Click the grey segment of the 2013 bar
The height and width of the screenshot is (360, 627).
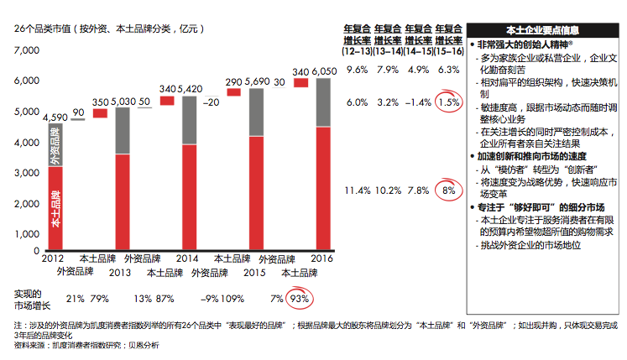122,131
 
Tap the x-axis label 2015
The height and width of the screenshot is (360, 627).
256,272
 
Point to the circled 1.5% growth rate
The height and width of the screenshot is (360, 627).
449,102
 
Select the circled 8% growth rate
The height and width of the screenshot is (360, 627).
449,190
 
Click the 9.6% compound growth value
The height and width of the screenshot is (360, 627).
358,70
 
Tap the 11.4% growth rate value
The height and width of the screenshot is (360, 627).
358,190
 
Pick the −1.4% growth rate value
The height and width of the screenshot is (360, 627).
418,102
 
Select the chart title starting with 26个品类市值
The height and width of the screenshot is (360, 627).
109,27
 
